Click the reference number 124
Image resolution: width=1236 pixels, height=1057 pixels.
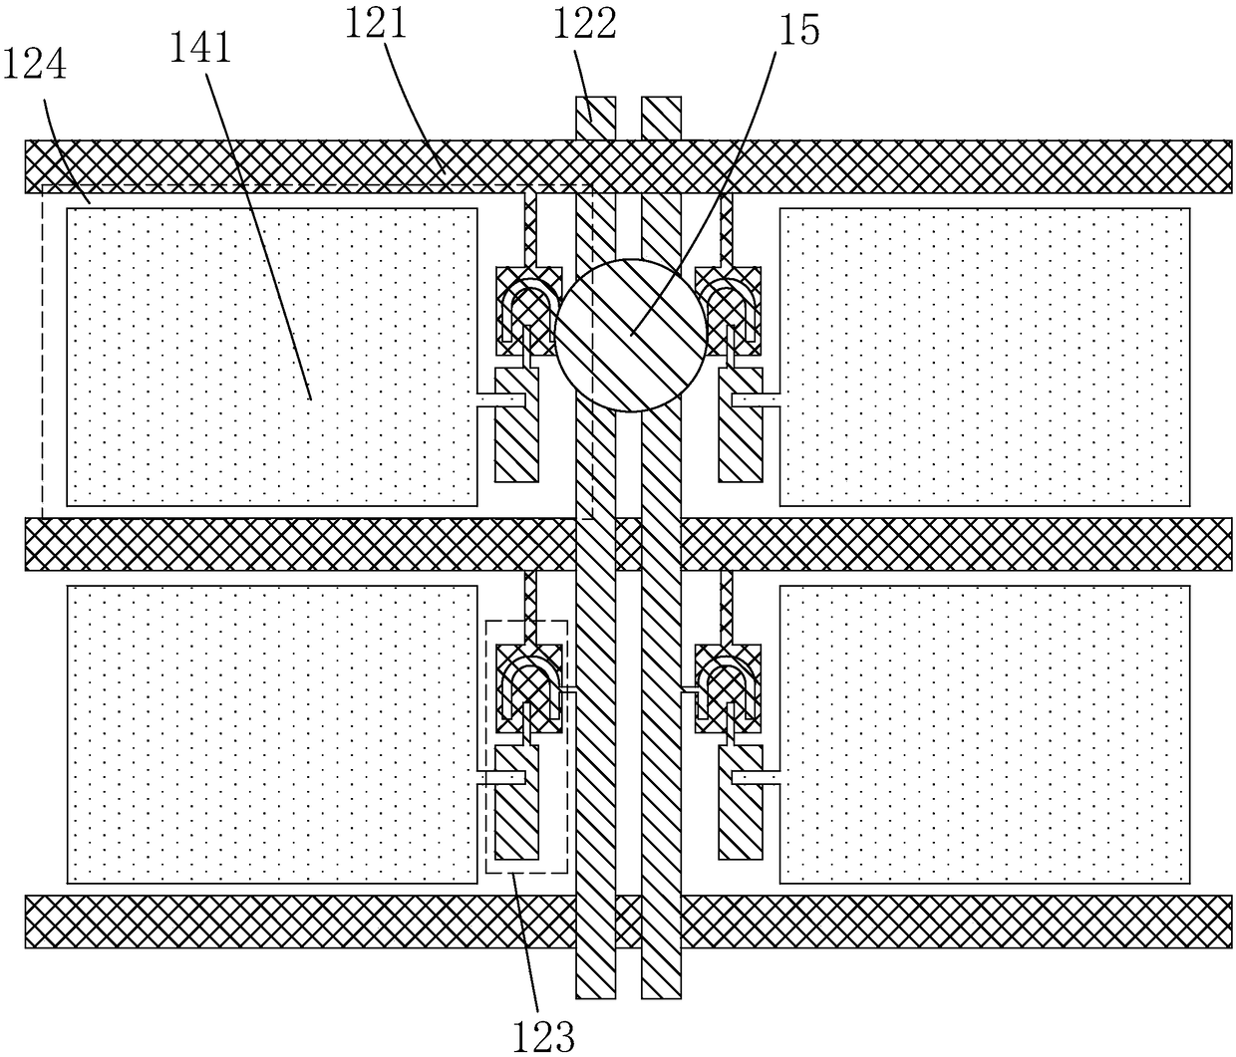tap(36, 66)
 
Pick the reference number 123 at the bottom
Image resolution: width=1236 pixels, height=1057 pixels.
tap(546, 1036)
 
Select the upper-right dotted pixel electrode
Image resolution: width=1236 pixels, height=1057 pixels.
tap(984, 356)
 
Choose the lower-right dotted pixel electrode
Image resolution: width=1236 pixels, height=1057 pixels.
tap(984, 733)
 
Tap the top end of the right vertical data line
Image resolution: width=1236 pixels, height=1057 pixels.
tap(662, 118)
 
